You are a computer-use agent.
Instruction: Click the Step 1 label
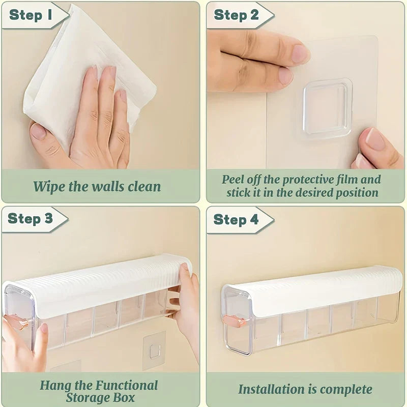coord(32,15)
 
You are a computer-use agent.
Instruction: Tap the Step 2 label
coord(237,15)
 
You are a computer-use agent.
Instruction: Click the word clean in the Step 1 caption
coord(142,186)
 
